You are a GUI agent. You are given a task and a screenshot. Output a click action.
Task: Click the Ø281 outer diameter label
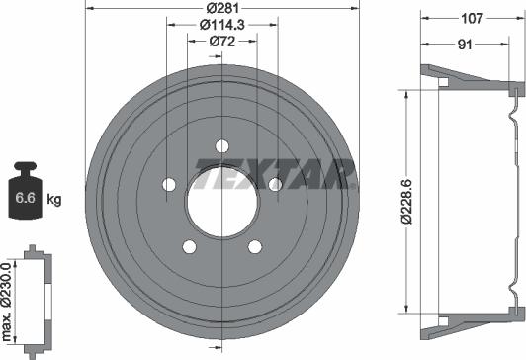coord(220,9)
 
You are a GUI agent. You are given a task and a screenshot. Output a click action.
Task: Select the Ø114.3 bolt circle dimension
coord(220,25)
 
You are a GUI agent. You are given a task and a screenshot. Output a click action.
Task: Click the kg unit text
coord(54,200)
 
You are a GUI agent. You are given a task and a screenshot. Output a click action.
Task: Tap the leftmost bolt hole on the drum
coord(169,185)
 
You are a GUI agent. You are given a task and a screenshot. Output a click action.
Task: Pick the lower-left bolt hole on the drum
coord(189,246)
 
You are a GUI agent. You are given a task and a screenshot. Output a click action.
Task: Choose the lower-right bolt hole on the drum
coord(254,246)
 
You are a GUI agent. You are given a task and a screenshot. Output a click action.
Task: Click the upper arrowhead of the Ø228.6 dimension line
coord(407,91)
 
